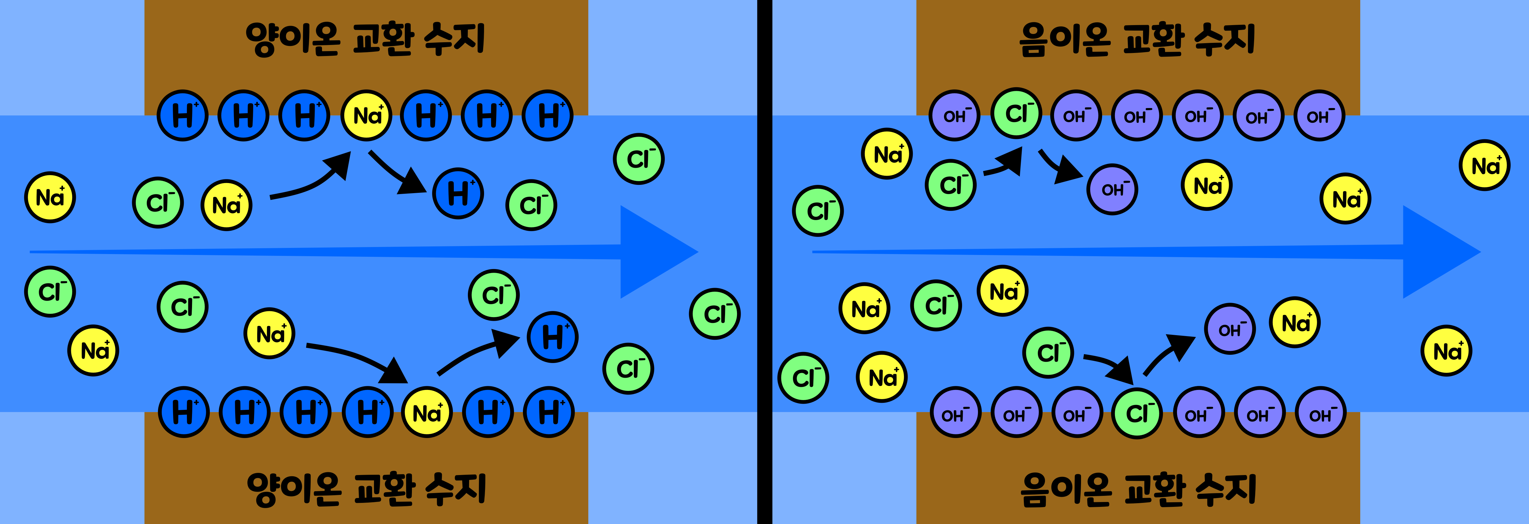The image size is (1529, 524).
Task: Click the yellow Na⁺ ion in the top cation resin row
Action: [x=366, y=115]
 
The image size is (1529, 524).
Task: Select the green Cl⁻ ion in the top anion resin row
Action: [x=1016, y=113]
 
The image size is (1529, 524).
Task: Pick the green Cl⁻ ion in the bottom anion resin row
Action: [x=1137, y=413]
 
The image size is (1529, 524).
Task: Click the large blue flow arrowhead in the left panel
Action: [x=653, y=252]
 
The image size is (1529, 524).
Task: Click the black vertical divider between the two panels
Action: [x=764, y=262]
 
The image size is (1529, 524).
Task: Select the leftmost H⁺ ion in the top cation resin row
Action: [x=182, y=115]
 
